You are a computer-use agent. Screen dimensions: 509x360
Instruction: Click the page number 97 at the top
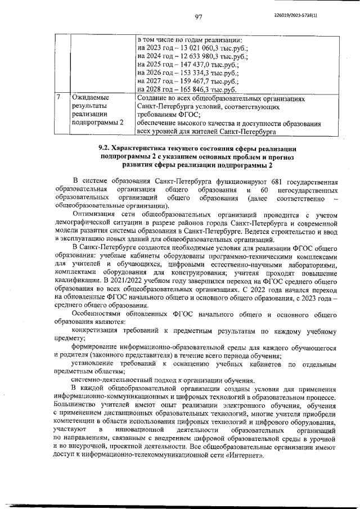198,17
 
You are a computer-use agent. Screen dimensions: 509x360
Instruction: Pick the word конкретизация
98,330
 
